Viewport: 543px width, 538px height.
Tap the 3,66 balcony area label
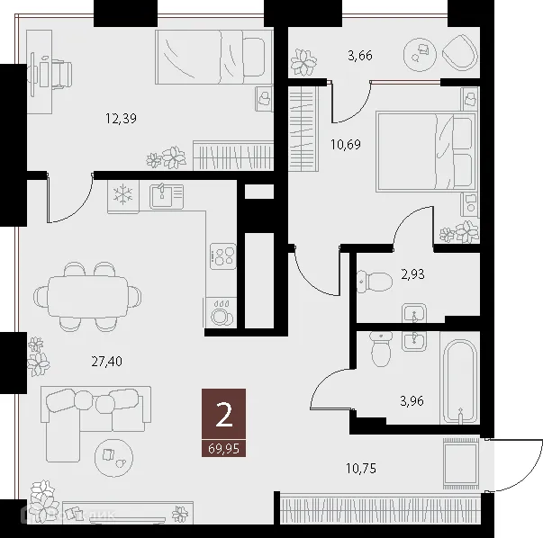360,56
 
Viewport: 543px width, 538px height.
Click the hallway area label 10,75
362,468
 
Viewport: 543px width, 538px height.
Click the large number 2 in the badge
223,414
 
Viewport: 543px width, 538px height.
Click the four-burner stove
222,256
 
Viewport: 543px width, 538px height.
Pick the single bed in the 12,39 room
213,56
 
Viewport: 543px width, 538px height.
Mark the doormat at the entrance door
460,462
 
